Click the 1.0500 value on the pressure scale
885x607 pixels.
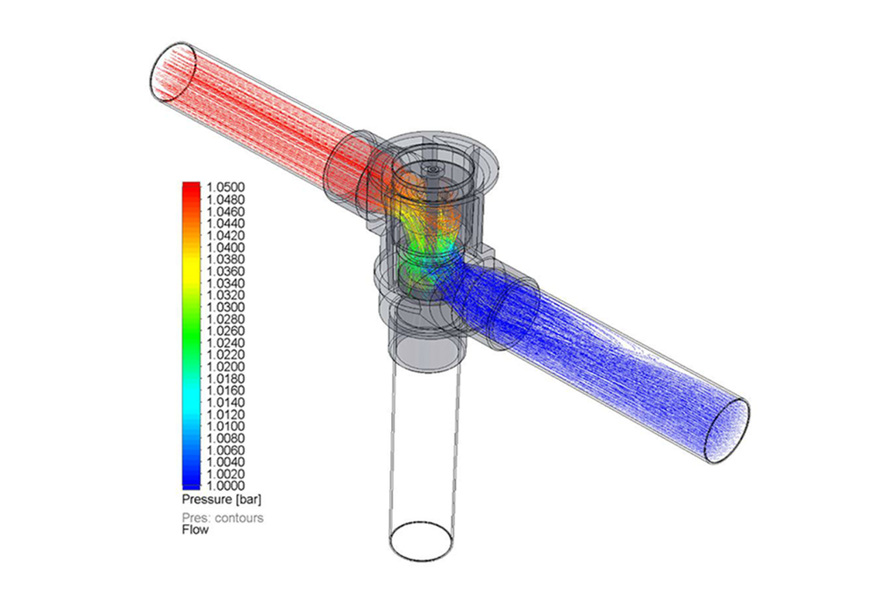click(226, 188)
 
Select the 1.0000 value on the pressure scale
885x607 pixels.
click(226, 486)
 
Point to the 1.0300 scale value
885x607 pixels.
click(226, 307)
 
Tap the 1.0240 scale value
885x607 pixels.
click(226, 343)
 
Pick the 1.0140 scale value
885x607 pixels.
click(226, 403)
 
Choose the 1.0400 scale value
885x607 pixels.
click(226, 248)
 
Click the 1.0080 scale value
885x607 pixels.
click(226, 439)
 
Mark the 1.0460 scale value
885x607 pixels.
click(226, 212)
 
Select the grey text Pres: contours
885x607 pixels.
click(223, 518)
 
